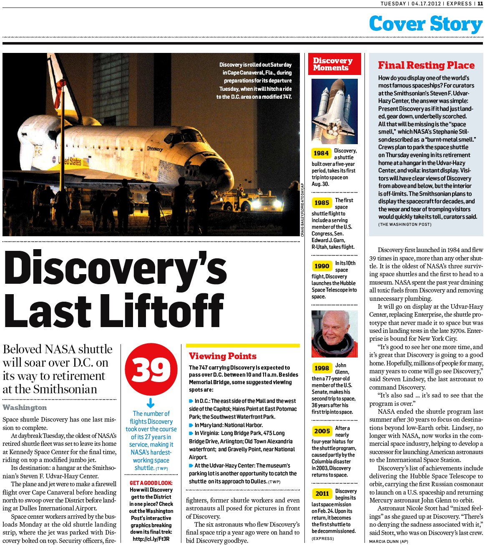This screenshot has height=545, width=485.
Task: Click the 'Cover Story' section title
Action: click(x=425, y=24)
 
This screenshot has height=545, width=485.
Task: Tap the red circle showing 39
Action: click(x=151, y=370)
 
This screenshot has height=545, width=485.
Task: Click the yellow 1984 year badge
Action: click(x=321, y=153)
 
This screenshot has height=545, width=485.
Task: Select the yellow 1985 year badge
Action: click(x=322, y=202)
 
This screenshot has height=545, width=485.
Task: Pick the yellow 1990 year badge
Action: click(x=322, y=266)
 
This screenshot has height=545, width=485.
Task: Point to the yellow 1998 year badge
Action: click(x=322, y=368)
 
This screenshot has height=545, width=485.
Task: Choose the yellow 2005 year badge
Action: click(x=322, y=431)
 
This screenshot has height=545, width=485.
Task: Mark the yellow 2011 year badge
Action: click(x=322, y=493)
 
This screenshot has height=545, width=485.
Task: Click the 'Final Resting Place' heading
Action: click(x=426, y=65)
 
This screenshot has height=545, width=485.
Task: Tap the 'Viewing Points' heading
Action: click(x=222, y=356)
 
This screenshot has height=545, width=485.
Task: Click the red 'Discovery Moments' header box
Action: click(x=332, y=64)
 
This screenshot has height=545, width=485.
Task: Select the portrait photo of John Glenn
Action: click(x=334, y=334)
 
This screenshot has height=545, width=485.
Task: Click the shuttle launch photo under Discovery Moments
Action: click(x=334, y=111)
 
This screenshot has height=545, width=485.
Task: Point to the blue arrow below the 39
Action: click(x=151, y=403)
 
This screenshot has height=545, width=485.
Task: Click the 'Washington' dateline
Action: click(x=25, y=407)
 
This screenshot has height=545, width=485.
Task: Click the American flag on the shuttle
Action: click(x=85, y=162)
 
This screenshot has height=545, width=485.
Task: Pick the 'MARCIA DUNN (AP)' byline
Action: click(x=389, y=541)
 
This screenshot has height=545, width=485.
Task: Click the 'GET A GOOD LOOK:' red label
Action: click(x=151, y=483)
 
